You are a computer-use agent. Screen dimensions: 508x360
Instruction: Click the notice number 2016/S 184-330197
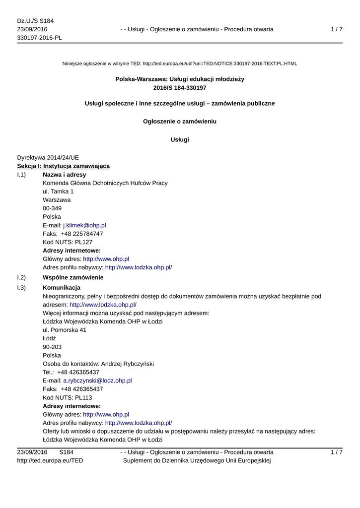180,88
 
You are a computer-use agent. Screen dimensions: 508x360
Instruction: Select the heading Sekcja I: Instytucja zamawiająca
64,166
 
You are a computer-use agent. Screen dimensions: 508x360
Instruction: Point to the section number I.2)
21,277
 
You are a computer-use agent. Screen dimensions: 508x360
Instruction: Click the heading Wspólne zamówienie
73,277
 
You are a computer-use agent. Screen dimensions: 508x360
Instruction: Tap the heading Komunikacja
62,288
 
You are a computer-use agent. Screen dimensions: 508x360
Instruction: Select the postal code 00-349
52,208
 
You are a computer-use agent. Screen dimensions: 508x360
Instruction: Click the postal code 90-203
52,347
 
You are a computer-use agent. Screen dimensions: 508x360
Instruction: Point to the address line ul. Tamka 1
58,191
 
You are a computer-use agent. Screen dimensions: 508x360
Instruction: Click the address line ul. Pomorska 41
65,330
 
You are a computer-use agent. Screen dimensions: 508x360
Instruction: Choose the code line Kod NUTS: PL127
68,242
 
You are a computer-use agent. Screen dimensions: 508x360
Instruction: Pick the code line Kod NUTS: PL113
68,397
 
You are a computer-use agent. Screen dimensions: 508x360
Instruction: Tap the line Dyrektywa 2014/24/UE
48,157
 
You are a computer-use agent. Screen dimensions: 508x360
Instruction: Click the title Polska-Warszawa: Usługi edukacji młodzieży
180,79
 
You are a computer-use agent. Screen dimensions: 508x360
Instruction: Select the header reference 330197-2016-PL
39,38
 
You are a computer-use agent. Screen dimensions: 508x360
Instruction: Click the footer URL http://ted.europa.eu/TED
50,461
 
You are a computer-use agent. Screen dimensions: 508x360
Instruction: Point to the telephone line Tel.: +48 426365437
71,372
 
